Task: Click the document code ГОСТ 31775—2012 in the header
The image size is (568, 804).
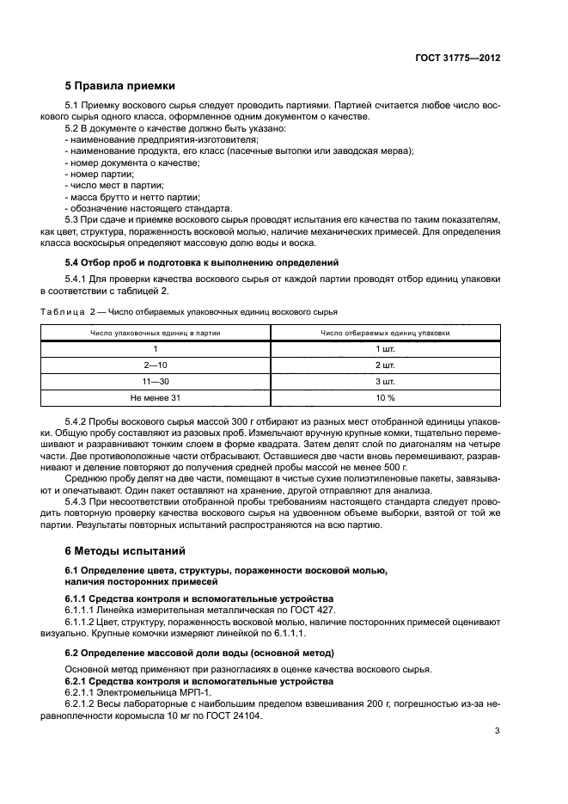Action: pyautogui.click(x=458, y=58)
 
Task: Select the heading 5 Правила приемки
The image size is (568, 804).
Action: pyautogui.click(x=120, y=86)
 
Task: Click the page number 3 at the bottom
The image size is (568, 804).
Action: pyautogui.click(x=497, y=732)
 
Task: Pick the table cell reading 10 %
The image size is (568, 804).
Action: pyautogui.click(x=384, y=398)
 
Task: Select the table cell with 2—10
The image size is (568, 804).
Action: pyautogui.click(x=156, y=365)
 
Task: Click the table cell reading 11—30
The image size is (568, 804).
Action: pyautogui.click(x=156, y=381)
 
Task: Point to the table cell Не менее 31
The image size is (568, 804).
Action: pyautogui.click(x=156, y=398)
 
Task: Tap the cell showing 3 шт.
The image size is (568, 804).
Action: pyautogui.click(x=384, y=381)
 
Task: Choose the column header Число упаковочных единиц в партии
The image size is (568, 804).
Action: pyautogui.click(x=156, y=332)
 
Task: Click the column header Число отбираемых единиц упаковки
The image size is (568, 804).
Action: pyautogui.click(x=384, y=332)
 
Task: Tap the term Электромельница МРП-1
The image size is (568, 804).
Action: pyautogui.click(x=159, y=691)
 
